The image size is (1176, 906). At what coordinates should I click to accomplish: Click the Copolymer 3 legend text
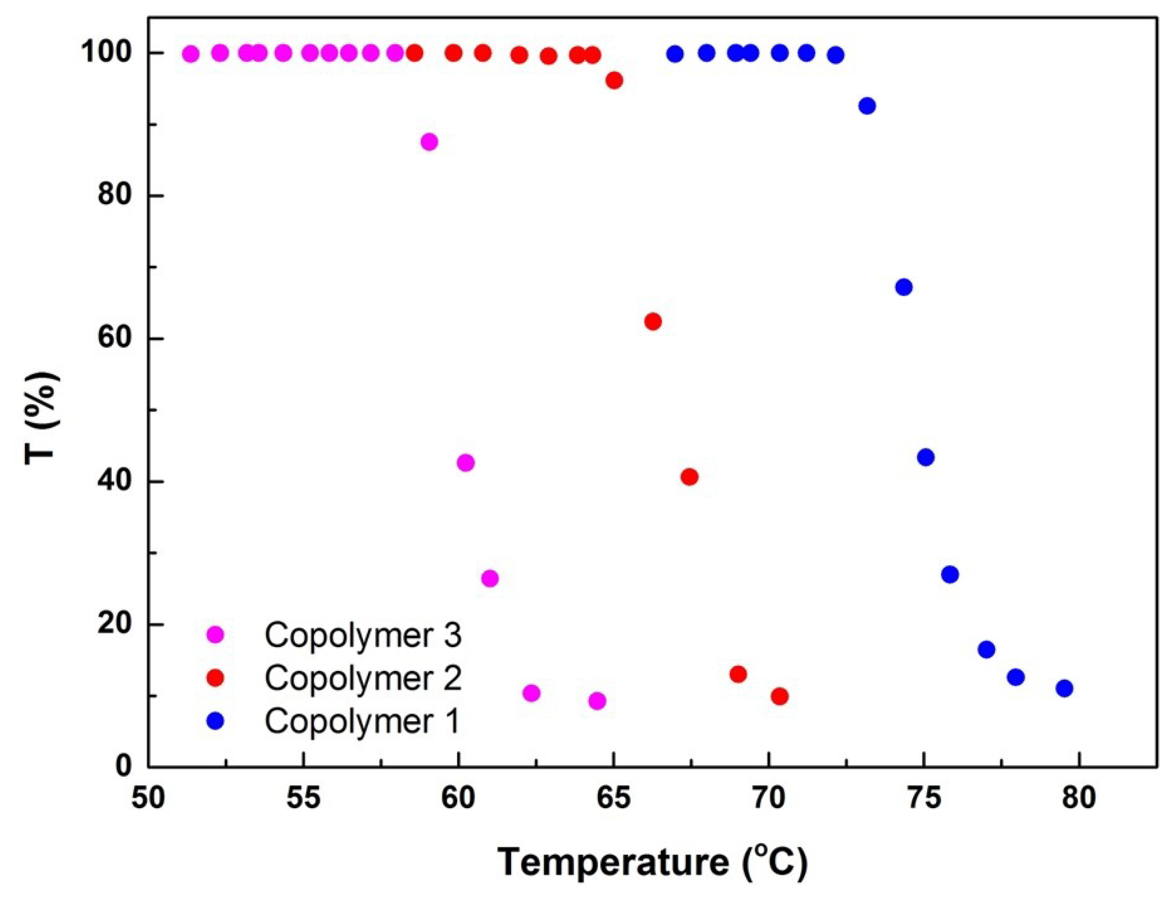click(362, 635)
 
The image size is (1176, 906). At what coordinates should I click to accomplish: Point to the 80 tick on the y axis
click(115, 195)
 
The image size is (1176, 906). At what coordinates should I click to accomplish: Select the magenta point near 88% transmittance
click(429, 142)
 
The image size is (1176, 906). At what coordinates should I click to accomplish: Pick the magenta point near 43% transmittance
click(466, 463)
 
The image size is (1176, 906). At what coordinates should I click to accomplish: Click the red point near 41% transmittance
click(689, 477)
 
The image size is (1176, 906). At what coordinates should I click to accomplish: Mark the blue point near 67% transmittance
click(904, 287)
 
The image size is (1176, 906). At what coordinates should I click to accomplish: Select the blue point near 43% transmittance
click(926, 457)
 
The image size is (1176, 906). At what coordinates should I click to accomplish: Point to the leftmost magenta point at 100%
click(191, 54)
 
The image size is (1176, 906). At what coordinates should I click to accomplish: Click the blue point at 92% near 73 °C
click(867, 106)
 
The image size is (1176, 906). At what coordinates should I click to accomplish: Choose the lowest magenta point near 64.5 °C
click(597, 701)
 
